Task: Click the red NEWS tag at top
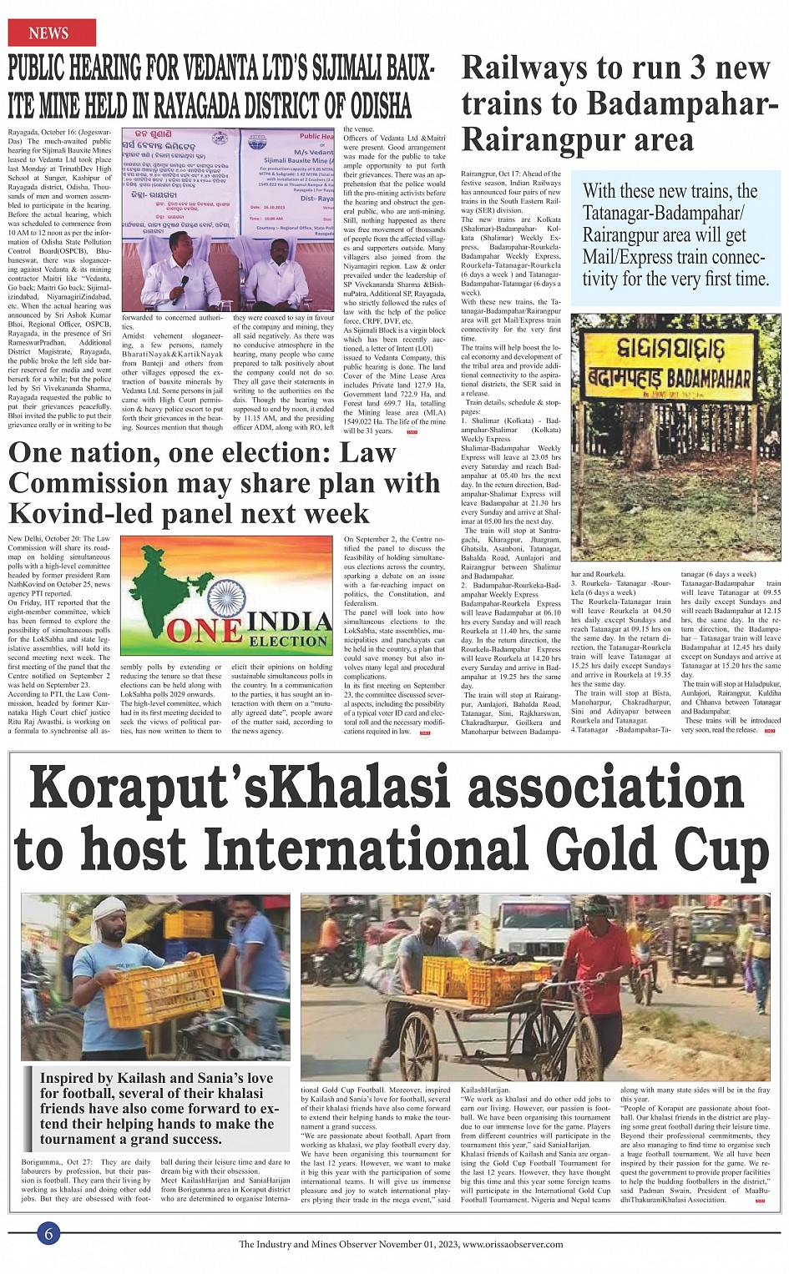[x=49, y=33]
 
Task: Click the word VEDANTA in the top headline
[x=225, y=69]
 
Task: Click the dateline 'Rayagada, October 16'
[x=42, y=133]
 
